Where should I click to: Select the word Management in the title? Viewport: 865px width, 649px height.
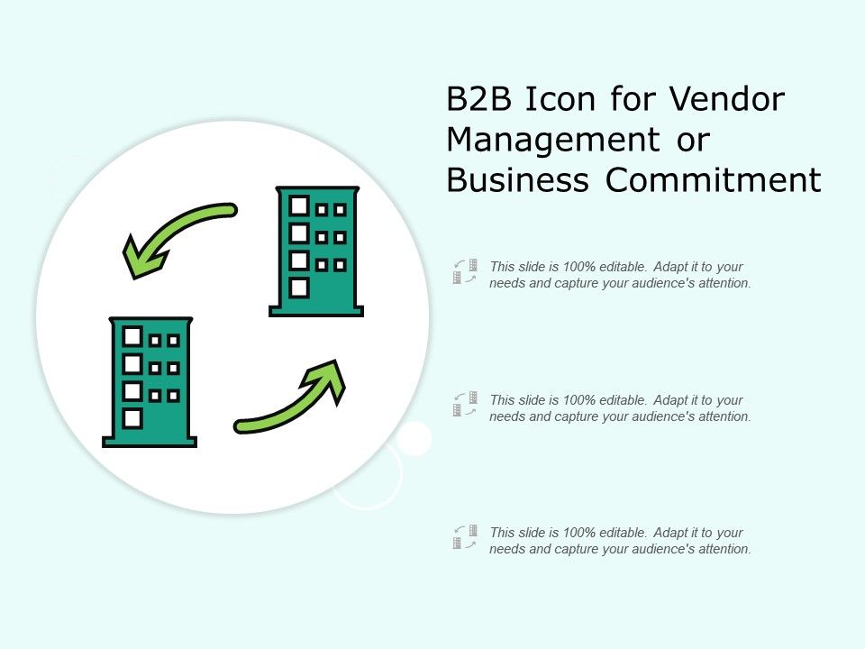pyautogui.click(x=551, y=141)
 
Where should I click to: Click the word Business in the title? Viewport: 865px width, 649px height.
pyautogui.click(x=518, y=180)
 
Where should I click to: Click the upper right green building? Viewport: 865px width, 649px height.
pyautogui.click(x=316, y=251)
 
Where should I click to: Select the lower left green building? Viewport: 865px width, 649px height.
pyautogui.click(x=150, y=381)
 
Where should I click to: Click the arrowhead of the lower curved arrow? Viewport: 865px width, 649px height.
pyautogui.click(x=329, y=379)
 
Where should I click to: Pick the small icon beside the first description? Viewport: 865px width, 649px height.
pyautogui.click(x=465, y=271)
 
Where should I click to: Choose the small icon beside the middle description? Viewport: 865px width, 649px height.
pyautogui.click(x=465, y=404)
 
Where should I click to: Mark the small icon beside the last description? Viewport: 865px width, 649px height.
pyautogui.click(x=465, y=537)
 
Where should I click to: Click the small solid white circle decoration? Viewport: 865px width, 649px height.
pyautogui.click(x=414, y=438)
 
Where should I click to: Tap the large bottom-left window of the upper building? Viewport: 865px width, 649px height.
pyautogui.click(x=299, y=288)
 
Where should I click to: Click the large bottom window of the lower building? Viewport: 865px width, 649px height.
pyautogui.click(x=132, y=418)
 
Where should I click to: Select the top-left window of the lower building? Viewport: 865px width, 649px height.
pyautogui.click(x=132, y=336)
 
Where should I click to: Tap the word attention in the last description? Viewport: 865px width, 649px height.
pyautogui.click(x=725, y=549)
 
